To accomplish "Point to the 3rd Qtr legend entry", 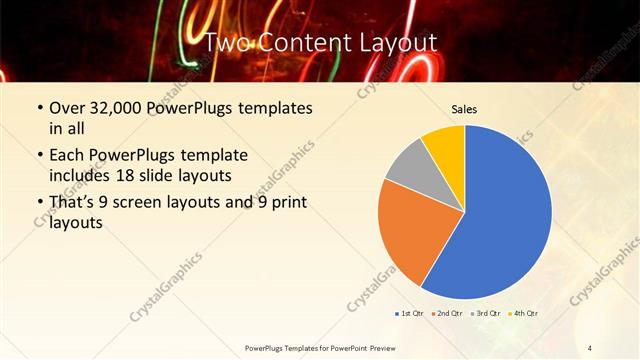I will click(x=485, y=314).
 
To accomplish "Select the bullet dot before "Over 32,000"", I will click(x=39, y=108).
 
